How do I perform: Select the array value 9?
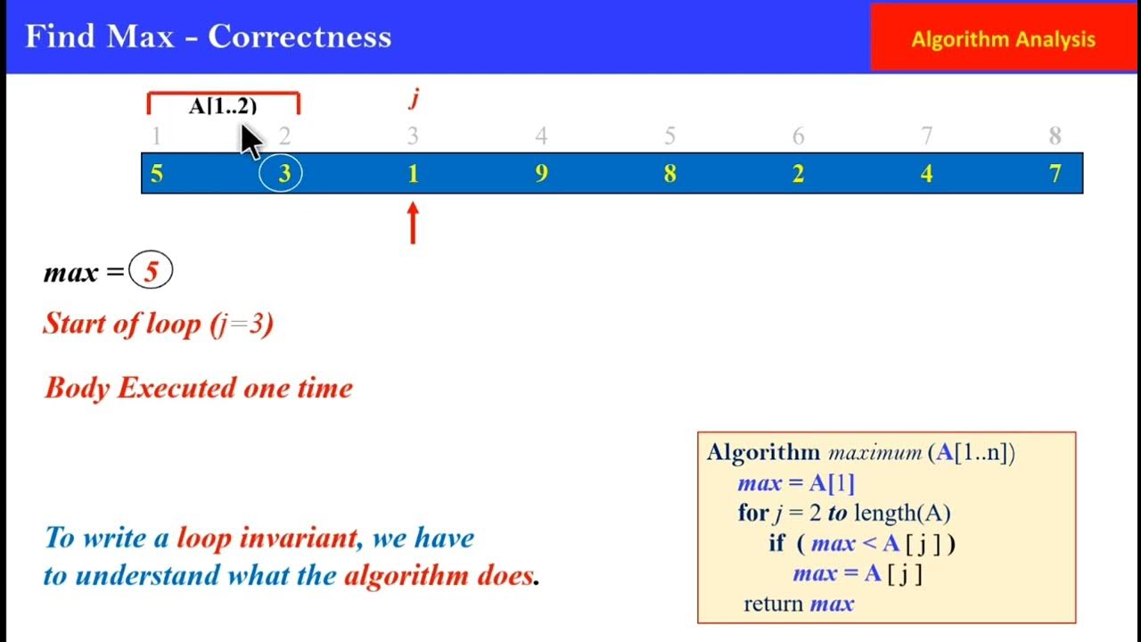pyautogui.click(x=541, y=174)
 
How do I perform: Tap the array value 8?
pyautogui.click(x=669, y=174)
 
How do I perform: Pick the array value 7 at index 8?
pyautogui.click(x=1055, y=174)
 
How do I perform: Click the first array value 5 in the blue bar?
pyautogui.click(x=157, y=174)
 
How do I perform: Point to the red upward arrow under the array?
pyautogui.click(x=413, y=222)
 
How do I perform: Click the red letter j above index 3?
pyautogui.click(x=414, y=98)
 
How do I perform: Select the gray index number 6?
pyautogui.click(x=798, y=136)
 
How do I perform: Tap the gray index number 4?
pyautogui.click(x=541, y=136)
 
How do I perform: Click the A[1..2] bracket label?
pyautogui.click(x=223, y=106)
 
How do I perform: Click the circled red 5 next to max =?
pyautogui.click(x=151, y=272)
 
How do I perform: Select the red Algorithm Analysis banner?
pyautogui.click(x=1003, y=39)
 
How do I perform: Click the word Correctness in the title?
pyautogui.click(x=300, y=37)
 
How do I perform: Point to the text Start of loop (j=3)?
pyautogui.click(x=158, y=323)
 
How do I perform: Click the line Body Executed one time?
pyautogui.click(x=199, y=388)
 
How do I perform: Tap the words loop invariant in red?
pyautogui.click(x=267, y=538)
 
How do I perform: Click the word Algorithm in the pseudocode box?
pyautogui.click(x=763, y=452)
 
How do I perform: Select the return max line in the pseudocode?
pyautogui.click(x=799, y=604)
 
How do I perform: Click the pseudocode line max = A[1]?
pyautogui.click(x=796, y=483)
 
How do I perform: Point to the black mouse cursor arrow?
pyautogui.click(x=250, y=140)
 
